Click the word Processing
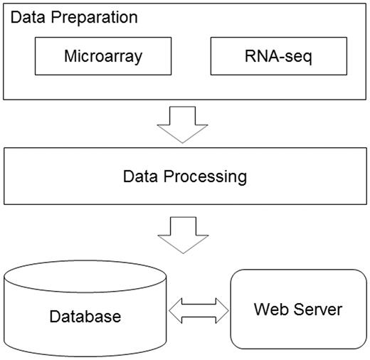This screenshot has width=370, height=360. (207, 176)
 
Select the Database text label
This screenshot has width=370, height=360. (86, 315)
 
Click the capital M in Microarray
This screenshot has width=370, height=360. (69, 56)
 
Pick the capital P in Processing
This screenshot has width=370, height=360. (172, 176)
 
